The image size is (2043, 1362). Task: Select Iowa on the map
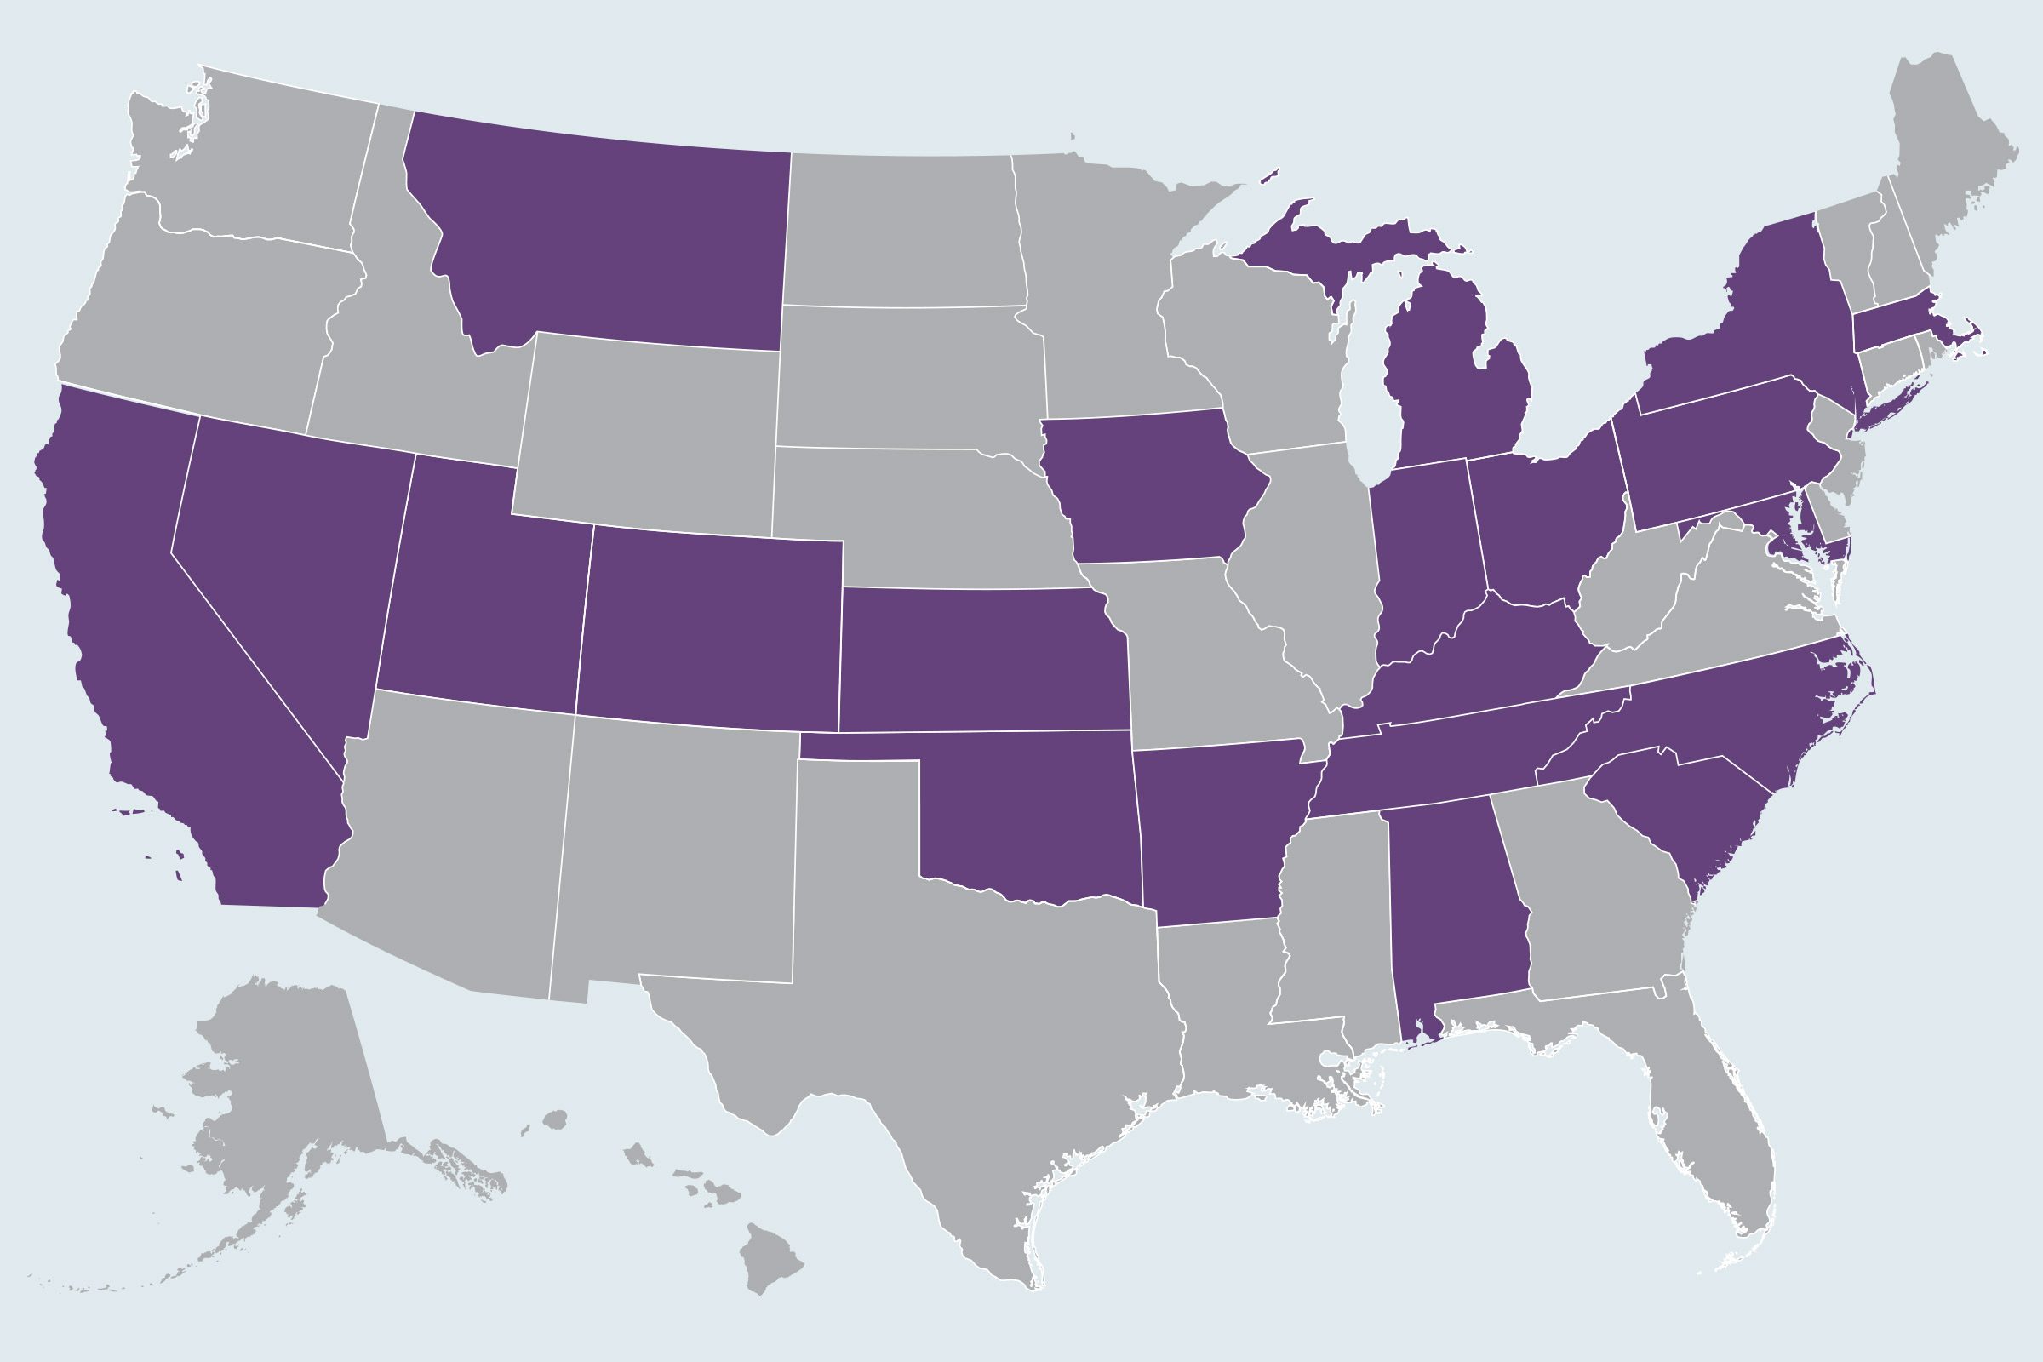(x=1147, y=486)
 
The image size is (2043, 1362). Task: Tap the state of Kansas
(x=981, y=661)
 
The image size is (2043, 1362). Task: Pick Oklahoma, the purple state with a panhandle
(x=1033, y=816)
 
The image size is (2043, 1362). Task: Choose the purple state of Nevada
(x=287, y=556)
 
